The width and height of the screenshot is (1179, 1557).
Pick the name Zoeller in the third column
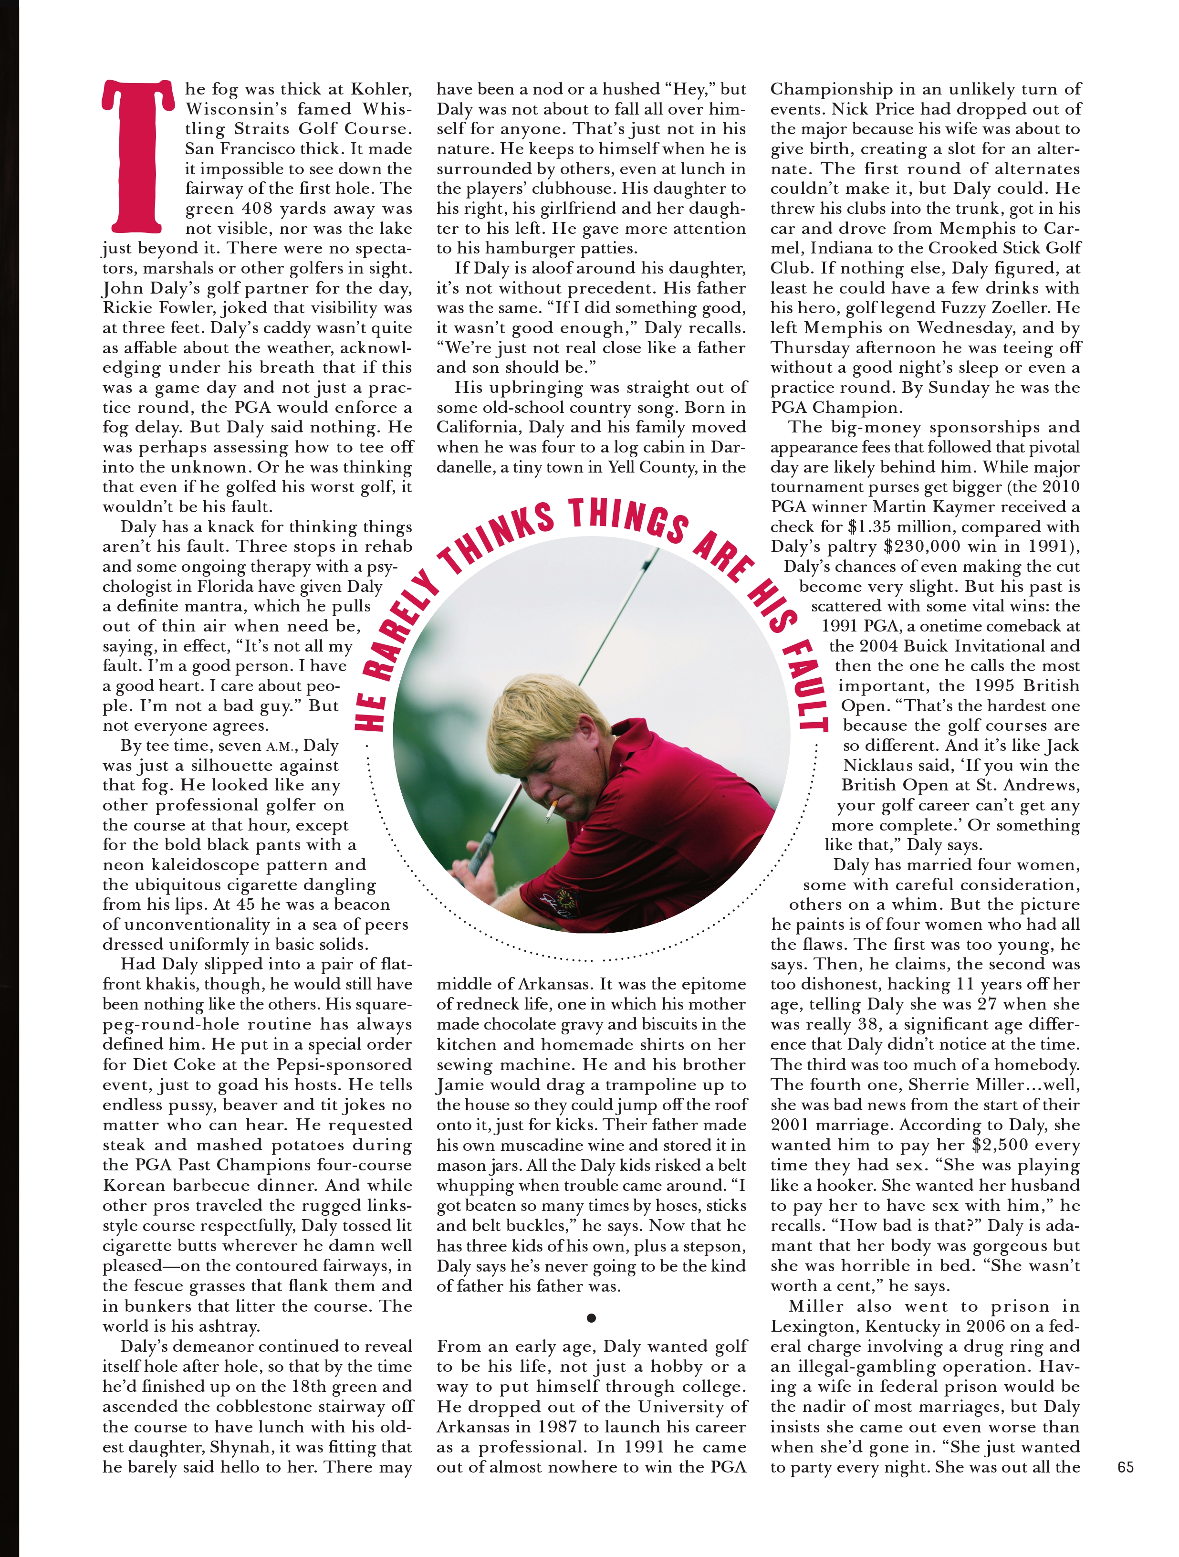(1016, 308)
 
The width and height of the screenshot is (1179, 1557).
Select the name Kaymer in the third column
(981, 507)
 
